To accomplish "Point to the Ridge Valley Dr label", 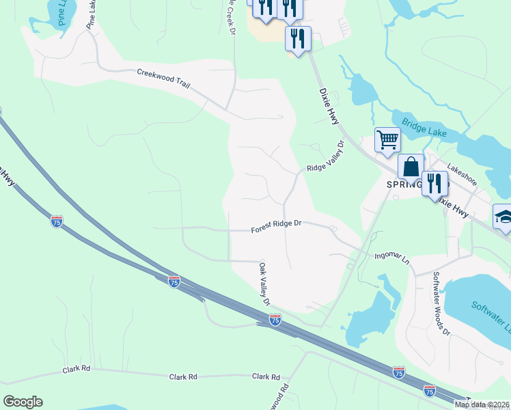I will click(324, 158).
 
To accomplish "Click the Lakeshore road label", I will click(462, 174).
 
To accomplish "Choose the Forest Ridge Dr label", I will click(276, 227).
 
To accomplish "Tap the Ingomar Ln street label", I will click(391, 258).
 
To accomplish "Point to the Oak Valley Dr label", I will click(264, 283).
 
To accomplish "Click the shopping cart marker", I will click(387, 141).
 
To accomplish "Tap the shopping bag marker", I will click(412, 167).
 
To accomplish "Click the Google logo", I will click(23, 401).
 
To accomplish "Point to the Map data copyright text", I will click(482, 404).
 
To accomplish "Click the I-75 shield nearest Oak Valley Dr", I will click(275, 319).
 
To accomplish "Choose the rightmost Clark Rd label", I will click(266, 377).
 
